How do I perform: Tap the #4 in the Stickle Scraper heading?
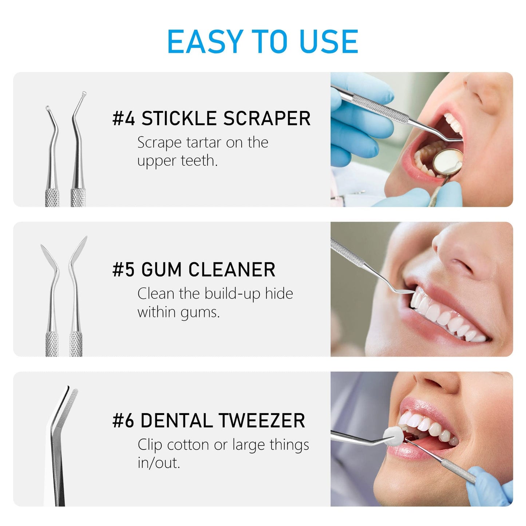pyautogui.click(x=123, y=118)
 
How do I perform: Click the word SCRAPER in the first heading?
pyautogui.click(x=267, y=118)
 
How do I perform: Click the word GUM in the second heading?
pyautogui.click(x=161, y=270)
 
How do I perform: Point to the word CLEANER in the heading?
pyautogui.click(x=232, y=270)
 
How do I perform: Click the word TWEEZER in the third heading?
pyautogui.click(x=262, y=421)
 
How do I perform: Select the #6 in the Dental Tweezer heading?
pyautogui.click(x=123, y=421)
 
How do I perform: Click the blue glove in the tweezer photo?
pyautogui.click(x=495, y=484)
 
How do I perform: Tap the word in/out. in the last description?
pyautogui.click(x=159, y=463)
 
